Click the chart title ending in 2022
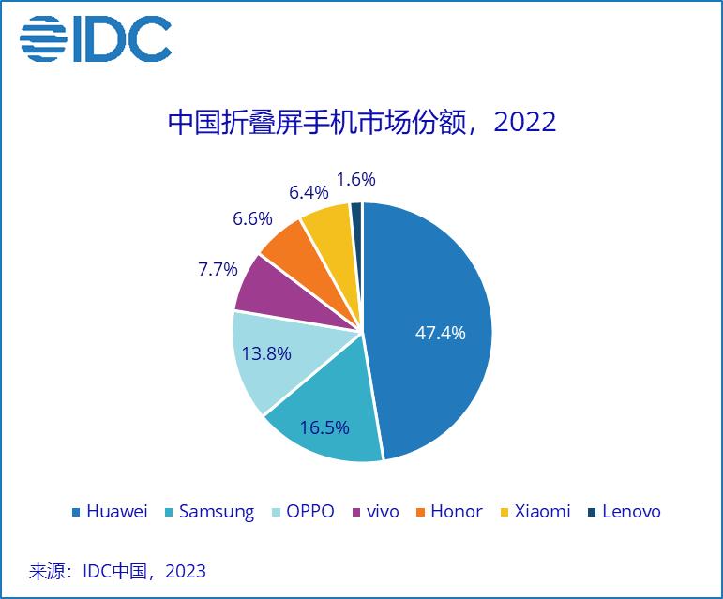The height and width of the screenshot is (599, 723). point(361,122)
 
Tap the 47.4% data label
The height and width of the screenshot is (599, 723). point(440,333)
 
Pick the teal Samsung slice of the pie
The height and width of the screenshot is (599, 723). point(328,422)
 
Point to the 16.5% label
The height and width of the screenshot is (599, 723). point(324,427)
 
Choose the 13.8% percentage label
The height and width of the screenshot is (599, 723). point(266,353)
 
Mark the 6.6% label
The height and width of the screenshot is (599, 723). point(252,218)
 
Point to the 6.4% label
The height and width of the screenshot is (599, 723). point(309,192)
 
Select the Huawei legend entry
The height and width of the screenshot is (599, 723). point(110,512)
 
